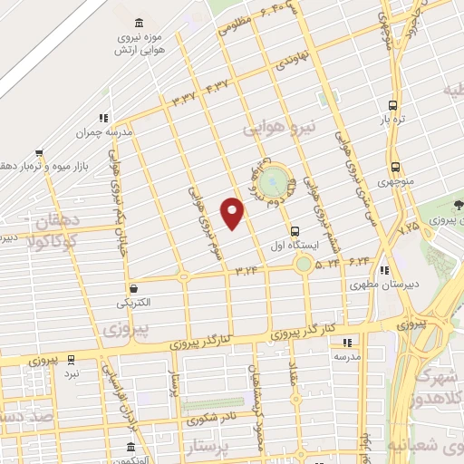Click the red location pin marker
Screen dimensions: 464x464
(234, 213)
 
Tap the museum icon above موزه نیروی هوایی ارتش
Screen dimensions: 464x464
(138, 23)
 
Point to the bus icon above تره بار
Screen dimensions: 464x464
(392, 104)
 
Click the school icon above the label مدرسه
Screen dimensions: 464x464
(347, 343)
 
